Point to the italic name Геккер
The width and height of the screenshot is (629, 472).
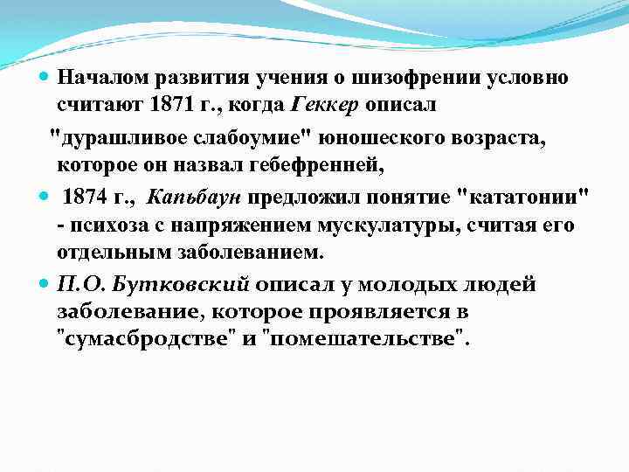[x=323, y=106]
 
